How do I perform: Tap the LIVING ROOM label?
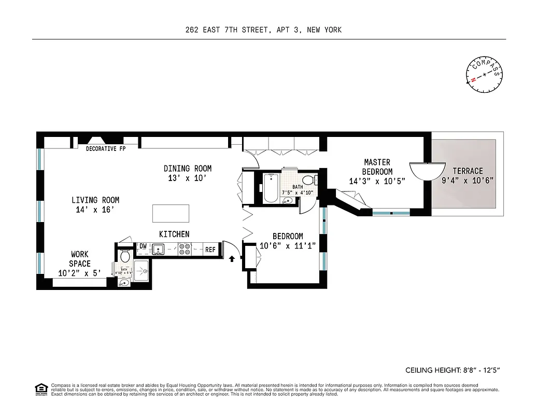tap(95, 200)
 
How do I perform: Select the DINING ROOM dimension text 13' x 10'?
tap(187, 178)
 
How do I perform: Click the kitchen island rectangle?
tap(171, 213)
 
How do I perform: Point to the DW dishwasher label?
tap(143, 246)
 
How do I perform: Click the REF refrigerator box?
tap(210, 250)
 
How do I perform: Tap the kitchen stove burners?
tap(184, 250)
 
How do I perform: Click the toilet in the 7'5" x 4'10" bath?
tap(308, 181)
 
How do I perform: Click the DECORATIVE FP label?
tap(106, 149)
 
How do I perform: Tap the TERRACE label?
tap(468, 171)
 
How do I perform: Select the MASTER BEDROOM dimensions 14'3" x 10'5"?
tap(377, 182)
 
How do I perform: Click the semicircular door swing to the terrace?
tap(428, 170)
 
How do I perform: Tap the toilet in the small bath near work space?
tap(124, 257)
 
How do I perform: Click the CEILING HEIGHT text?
tap(452, 370)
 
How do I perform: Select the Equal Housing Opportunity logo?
tap(40, 389)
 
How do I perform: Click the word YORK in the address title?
tap(331, 30)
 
